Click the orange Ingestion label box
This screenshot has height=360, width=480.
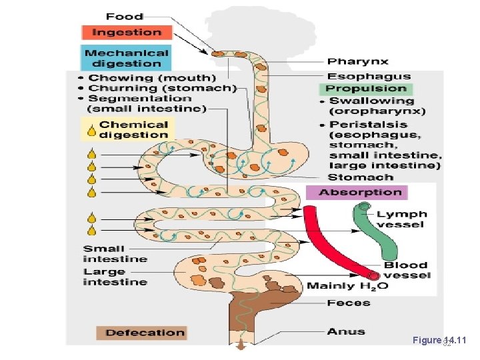[x=127, y=32]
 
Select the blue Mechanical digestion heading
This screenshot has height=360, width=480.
[x=127, y=57]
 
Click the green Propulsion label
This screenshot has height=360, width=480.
[x=366, y=89]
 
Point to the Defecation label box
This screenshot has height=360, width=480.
[x=141, y=333]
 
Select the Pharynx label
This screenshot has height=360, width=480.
[x=357, y=62]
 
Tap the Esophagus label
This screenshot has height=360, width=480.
[x=369, y=76]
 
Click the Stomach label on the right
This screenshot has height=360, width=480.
[x=360, y=177]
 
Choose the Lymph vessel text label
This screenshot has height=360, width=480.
[x=400, y=219]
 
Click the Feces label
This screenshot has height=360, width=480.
[x=348, y=303]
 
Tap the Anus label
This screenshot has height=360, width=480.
[x=345, y=331]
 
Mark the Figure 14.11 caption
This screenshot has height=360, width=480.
[x=440, y=341]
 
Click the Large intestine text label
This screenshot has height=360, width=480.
[x=115, y=277]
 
